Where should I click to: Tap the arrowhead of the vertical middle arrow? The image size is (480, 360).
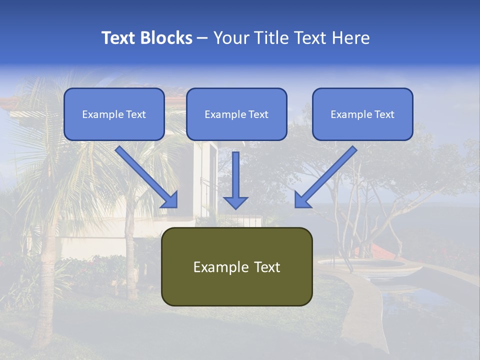(x=235, y=201)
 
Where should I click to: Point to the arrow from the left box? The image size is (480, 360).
(x=146, y=176)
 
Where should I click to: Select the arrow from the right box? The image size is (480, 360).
(x=325, y=176)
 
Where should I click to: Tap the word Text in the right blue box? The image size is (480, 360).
(x=384, y=114)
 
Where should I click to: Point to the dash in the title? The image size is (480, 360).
(x=202, y=38)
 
